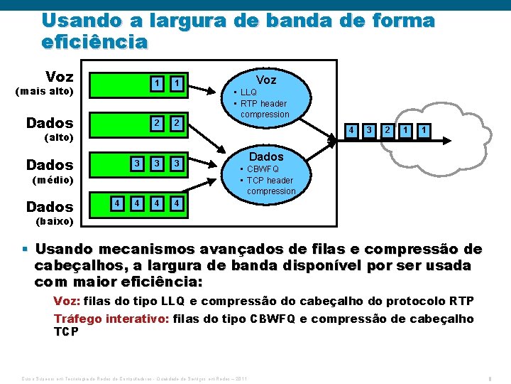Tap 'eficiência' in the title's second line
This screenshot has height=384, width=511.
(95, 41)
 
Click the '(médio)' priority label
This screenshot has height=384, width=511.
(54, 180)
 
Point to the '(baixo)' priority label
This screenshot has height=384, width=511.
(54, 221)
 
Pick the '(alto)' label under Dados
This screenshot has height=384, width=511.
(59, 137)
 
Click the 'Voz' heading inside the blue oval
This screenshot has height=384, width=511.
(266, 80)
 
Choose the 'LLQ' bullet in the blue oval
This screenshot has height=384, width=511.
(249, 92)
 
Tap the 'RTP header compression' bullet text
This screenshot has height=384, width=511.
(263, 109)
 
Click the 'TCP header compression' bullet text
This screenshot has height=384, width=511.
(270, 186)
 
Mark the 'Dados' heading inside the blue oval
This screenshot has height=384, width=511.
(266, 156)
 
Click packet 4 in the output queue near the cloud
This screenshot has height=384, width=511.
(349, 131)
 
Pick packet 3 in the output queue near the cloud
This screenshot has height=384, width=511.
(368, 131)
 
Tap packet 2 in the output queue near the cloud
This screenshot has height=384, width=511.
(387, 131)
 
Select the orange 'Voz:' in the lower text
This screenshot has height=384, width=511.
(67, 301)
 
